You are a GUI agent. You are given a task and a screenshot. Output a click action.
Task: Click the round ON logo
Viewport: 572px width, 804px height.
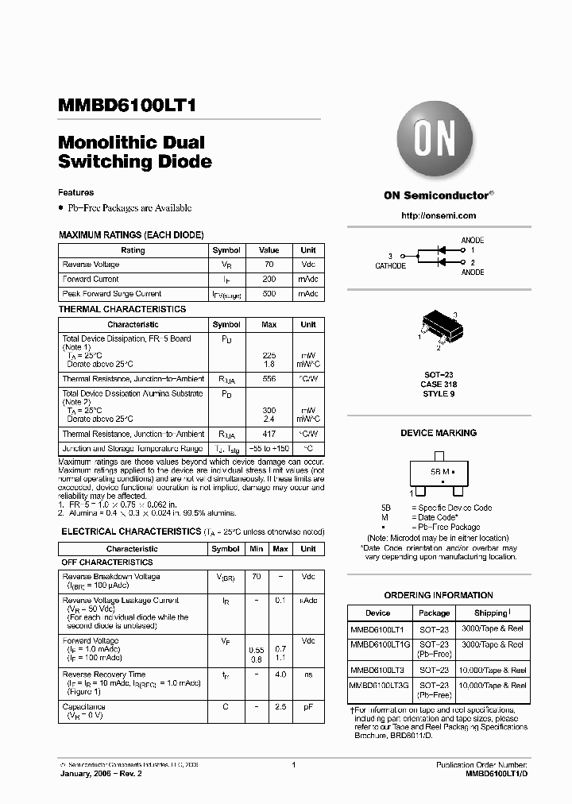coord(435,142)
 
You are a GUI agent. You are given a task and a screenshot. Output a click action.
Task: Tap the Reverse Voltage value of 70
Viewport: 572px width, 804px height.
coord(269,265)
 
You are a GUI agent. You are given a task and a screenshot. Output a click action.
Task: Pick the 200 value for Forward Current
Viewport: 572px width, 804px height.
coord(269,280)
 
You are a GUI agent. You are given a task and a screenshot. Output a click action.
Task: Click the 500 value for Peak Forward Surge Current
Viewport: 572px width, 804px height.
coord(269,294)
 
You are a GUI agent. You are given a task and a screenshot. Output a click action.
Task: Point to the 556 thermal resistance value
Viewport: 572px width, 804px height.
coord(269,379)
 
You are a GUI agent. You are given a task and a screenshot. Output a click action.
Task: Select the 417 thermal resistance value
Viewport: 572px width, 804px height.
coord(269,434)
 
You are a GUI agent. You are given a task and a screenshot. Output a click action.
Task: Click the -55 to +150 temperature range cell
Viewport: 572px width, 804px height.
coord(269,449)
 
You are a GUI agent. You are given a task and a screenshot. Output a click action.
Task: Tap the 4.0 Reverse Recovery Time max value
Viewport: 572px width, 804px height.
coord(280,675)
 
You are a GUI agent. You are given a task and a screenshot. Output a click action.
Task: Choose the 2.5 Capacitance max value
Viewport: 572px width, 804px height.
coord(280,706)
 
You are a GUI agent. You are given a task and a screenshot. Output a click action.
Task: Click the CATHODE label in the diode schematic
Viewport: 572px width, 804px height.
coord(390,266)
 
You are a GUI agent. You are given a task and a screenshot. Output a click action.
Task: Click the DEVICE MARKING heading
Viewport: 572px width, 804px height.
coord(439,433)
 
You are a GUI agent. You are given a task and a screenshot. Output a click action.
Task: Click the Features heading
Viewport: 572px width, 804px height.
coord(76,192)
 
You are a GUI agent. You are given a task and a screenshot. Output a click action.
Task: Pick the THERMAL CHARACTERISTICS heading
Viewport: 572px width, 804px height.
coord(122,309)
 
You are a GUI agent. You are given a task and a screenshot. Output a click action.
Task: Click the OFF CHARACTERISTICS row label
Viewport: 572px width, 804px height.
coord(107,562)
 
